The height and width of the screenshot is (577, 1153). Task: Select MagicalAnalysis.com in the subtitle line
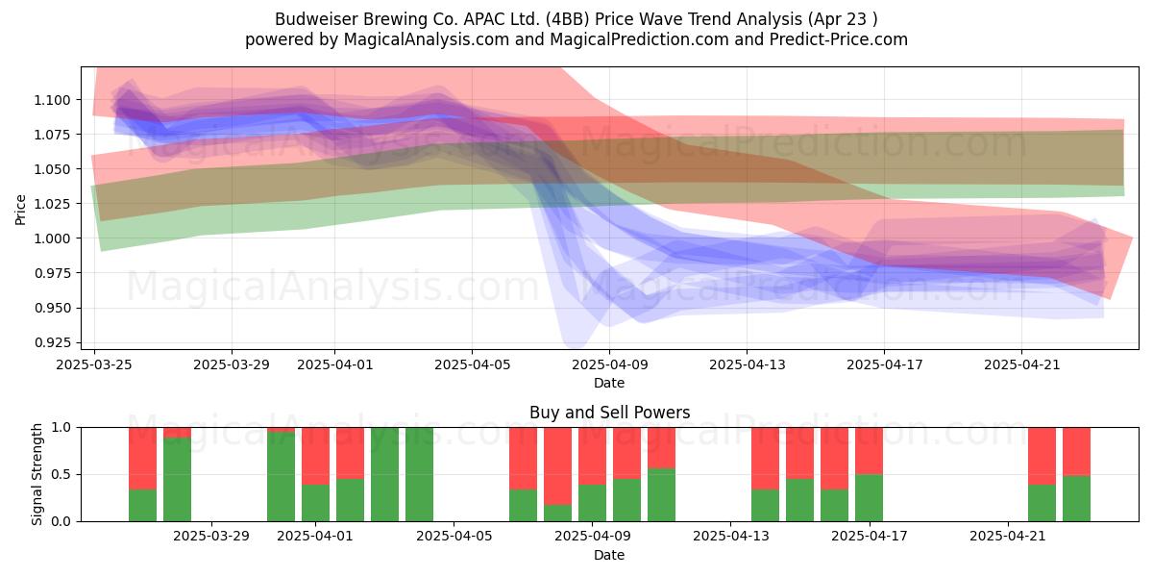(x=427, y=39)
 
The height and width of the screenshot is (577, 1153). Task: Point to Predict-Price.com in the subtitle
(x=839, y=39)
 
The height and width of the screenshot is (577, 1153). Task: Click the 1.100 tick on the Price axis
(x=52, y=100)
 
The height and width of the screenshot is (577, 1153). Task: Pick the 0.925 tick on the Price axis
(x=52, y=342)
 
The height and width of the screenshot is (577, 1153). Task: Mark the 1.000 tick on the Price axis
(x=52, y=238)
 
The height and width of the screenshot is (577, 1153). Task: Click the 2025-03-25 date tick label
(x=94, y=364)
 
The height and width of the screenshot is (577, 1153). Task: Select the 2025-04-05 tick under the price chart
(x=472, y=364)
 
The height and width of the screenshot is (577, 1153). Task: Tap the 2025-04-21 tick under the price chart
(x=1021, y=364)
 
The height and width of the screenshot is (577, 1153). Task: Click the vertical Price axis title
(x=20, y=210)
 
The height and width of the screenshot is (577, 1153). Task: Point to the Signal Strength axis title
(x=37, y=474)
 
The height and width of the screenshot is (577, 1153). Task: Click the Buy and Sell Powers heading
(x=609, y=413)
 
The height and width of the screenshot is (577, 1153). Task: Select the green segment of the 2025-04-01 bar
(x=315, y=503)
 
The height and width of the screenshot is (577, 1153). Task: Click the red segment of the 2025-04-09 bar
(x=592, y=456)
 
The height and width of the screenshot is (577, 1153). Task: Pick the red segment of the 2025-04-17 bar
(x=869, y=451)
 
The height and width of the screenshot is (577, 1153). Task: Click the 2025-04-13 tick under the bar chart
(x=731, y=537)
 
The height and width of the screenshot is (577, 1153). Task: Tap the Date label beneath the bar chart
(x=609, y=556)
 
